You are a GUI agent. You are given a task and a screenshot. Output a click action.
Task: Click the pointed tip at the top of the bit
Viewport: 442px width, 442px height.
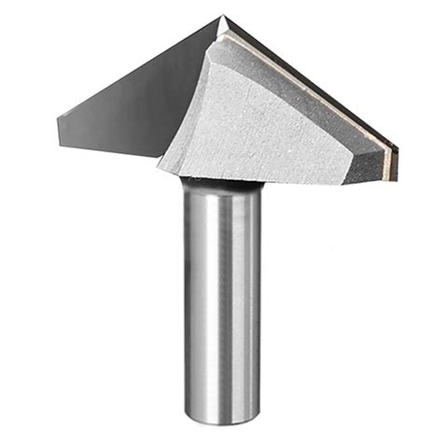[223, 17]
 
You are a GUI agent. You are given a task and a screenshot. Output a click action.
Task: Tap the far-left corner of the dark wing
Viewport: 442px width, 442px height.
[59, 119]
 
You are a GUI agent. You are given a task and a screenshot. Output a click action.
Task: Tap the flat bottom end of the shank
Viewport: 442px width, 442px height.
[222, 417]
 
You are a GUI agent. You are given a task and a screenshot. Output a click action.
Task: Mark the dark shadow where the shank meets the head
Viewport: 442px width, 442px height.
[219, 181]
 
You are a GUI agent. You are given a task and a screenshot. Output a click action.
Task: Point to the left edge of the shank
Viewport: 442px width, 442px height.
[183, 298]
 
